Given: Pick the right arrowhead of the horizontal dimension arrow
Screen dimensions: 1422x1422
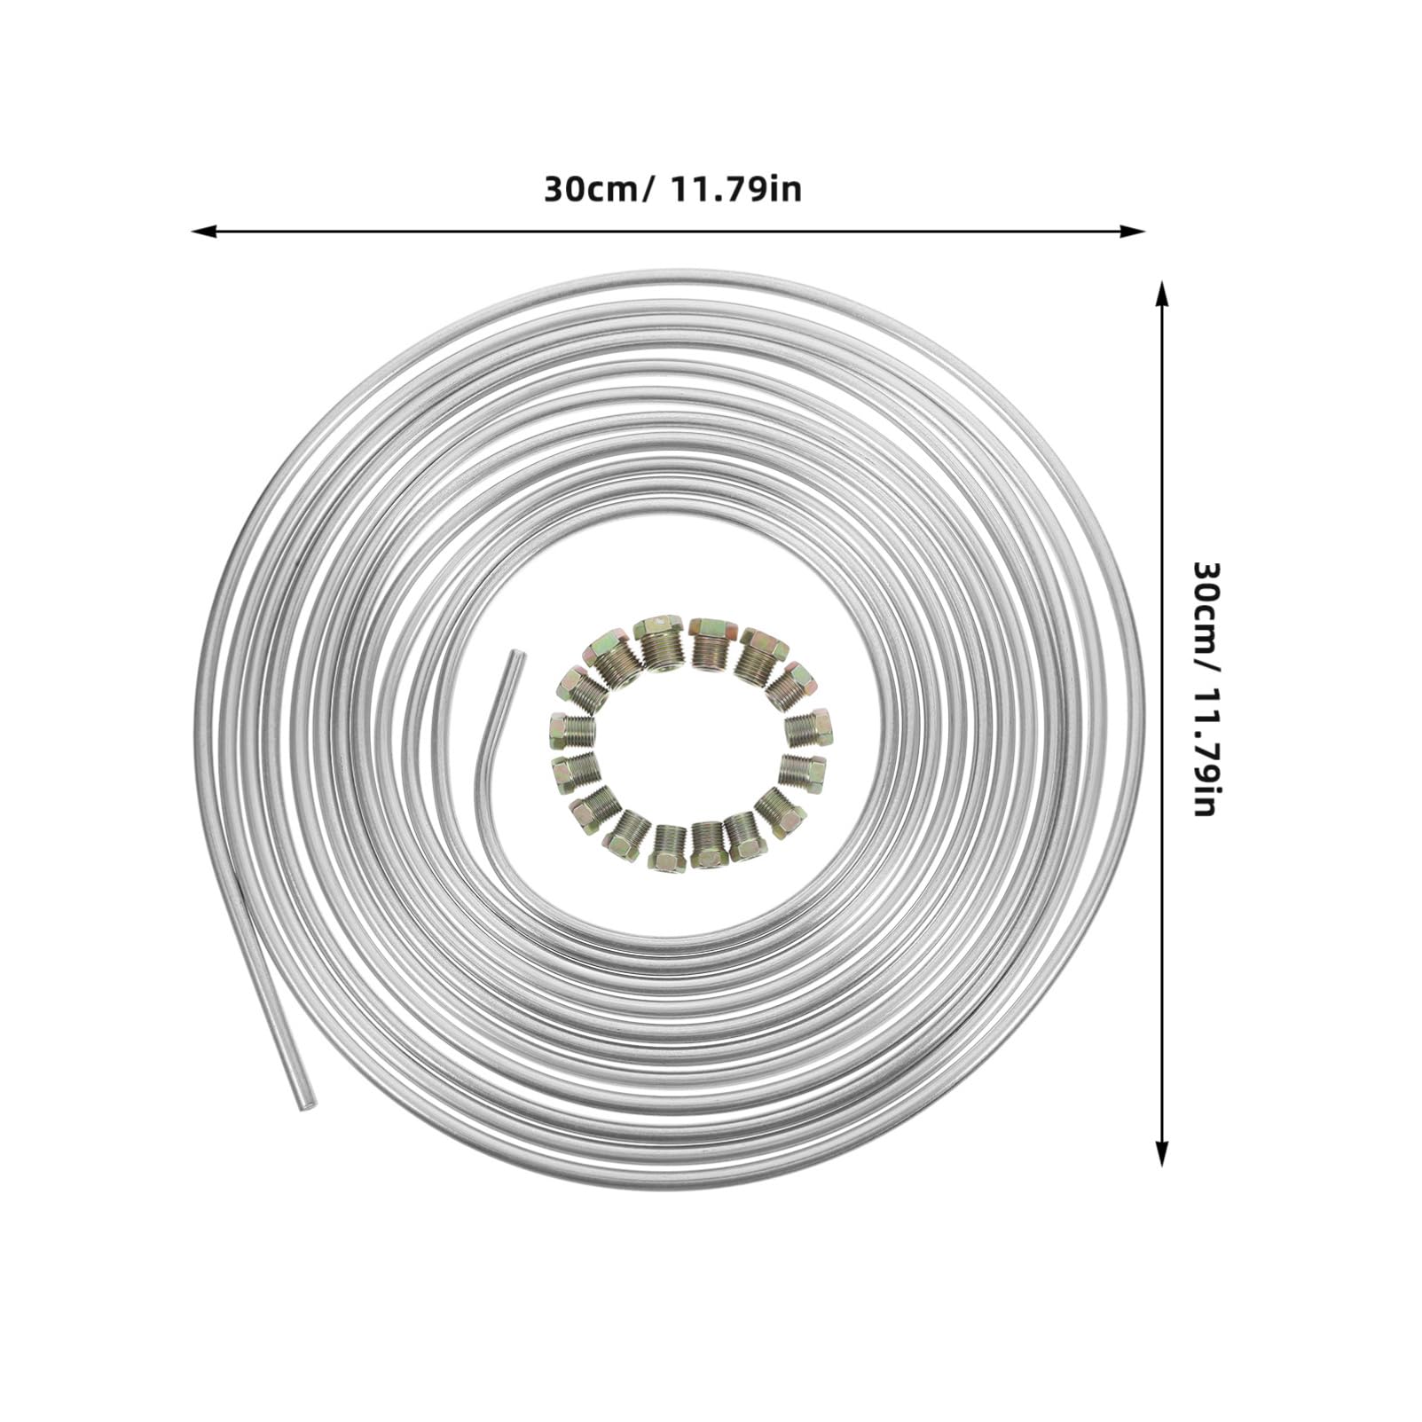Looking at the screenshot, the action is point(1133,232).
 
